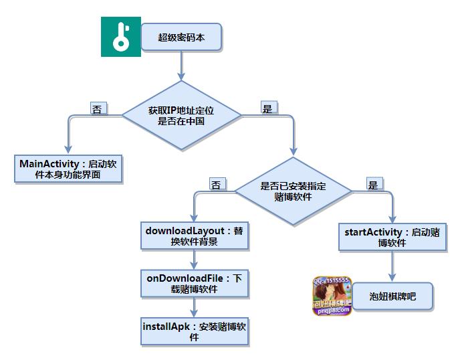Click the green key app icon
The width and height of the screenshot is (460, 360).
click(x=120, y=37)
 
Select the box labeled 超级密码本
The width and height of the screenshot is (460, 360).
click(x=181, y=37)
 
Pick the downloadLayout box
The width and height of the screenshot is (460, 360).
click(x=194, y=236)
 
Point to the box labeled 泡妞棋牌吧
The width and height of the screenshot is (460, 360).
click(x=392, y=295)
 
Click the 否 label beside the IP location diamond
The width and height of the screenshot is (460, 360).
click(x=98, y=108)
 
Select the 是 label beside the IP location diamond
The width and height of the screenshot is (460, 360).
click(x=267, y=108)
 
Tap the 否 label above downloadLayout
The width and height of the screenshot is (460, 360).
click(x=216, y=184)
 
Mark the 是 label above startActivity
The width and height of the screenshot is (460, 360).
click(x=373, y=184)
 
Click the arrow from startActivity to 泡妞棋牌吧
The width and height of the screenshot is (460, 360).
click(x=392, y=266)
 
